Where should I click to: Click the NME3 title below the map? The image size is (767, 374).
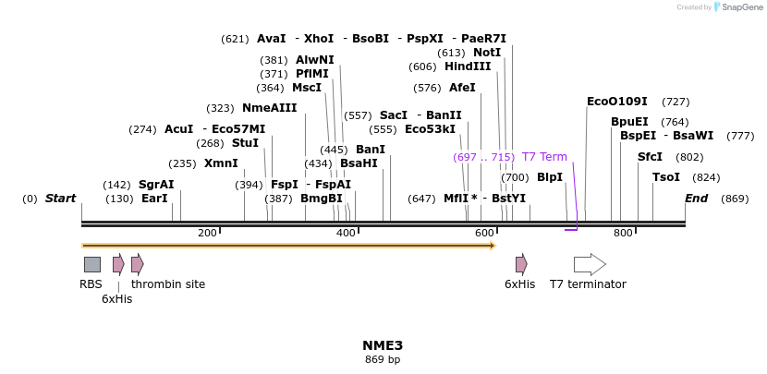pyautogui.click(x=383, y=345)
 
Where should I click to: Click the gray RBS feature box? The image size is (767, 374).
pyautogui.click(x=92, y=264)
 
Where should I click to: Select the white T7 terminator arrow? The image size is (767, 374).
pyautogui.click(x=590, y=264)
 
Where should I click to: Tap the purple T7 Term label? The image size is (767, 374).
pyautogui.click(x=544, y=157)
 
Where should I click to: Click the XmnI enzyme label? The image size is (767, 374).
pyautogui.click(x=221, y=163)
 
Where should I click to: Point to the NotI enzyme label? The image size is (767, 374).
pyautogui.click(x=486, y=53)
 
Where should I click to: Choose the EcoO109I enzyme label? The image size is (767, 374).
pyautogui.click(x=616, y=102)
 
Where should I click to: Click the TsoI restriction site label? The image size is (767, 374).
pyautogui.click(x=665, y=177)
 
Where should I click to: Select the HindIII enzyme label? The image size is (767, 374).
pyautogui.click(x=468, y=66)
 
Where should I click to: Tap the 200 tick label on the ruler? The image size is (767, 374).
pyautogui.click(x=207, y=234)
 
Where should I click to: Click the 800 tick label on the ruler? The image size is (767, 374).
pyautogui.click(x=623, y=234)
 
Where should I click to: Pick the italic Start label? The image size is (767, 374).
pyautogui.click(x=60, y=199)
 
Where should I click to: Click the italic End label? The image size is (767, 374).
pyautogui.click(x=696, y=199)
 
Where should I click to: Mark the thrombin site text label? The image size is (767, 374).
pyautogui.click(x=168, y=284)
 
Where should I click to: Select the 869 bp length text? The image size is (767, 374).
pyautogui.click(x=383, y=359)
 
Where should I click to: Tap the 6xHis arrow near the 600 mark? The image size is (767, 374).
pyautogui.click(x=521, y=264)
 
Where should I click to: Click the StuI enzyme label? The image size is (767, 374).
pyautogui.click(x=245, y=143)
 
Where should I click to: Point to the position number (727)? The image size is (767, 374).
pyautogui.click(x=676, y=102)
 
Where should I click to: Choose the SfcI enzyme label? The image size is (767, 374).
pyautogui.click(x=650, y=157)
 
